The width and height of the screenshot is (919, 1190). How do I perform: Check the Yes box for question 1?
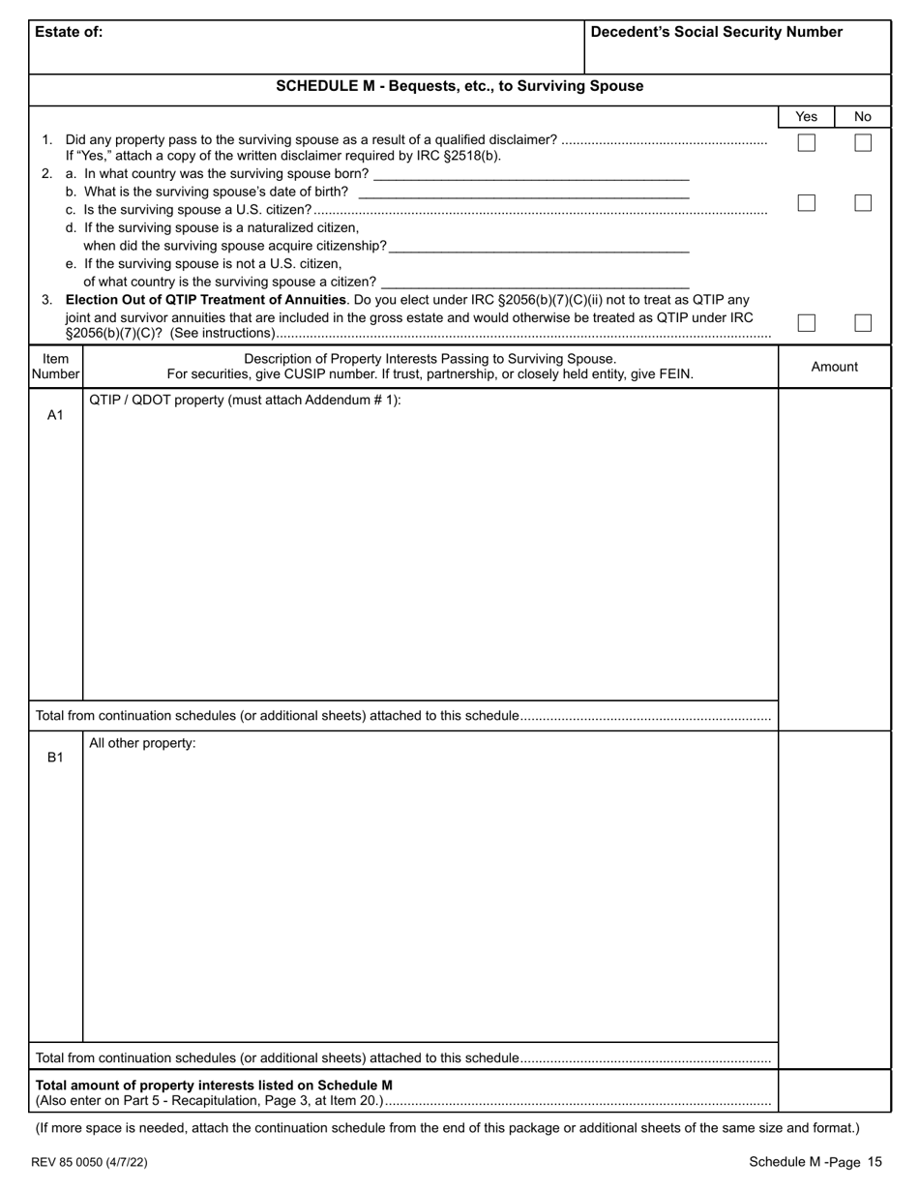coord(806,143)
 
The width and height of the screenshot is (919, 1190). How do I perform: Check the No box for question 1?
coord(863,143)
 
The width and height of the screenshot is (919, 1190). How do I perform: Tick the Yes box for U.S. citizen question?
coord(806,203)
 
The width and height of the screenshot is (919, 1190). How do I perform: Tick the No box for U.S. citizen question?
coord(863,203)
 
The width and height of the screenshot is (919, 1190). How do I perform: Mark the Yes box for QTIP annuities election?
coord(806,323)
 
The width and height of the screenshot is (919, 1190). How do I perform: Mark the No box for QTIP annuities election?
coord(863,323)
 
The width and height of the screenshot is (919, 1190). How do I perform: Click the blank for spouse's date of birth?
coord(522,192)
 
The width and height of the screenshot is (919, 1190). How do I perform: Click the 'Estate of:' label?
coord(69,32)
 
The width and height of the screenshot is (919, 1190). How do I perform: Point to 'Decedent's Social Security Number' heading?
coord(716,32)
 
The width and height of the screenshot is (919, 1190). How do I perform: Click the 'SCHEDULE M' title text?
coord(459,86)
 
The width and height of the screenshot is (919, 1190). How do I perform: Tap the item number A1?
coord(55,415)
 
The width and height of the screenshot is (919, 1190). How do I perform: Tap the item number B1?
coord(55,758)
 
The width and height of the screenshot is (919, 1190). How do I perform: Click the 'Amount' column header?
coord(834,367)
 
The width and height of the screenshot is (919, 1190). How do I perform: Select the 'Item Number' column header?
coord(55,367)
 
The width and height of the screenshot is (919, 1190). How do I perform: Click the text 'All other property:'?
coord(142,744)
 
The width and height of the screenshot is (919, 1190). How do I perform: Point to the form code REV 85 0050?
coord(91,1162)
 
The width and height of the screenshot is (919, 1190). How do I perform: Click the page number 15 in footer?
coord(875,1162)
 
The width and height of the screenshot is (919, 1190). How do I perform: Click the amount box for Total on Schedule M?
coord(834,1091)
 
